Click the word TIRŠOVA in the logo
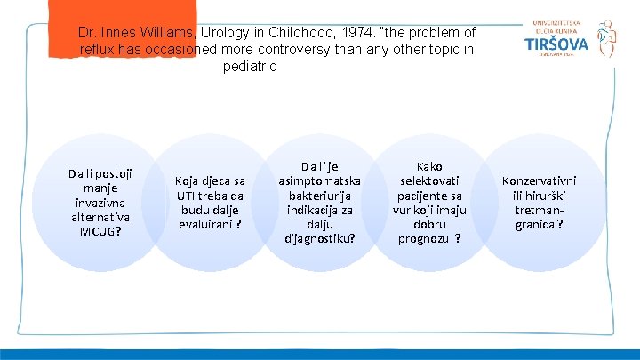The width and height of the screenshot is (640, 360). click(x=556, y=44)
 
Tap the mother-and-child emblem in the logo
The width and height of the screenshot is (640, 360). click(x=606, y=38)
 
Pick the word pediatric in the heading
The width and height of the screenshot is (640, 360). click(x=250, y=67)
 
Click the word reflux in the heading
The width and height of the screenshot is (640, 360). click(x=99, y=49)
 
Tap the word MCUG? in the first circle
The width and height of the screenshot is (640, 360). click(x=100, y=231)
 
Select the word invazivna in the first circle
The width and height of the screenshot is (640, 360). click(x=100, y=202)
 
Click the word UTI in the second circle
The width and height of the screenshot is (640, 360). click(x=188, y=196)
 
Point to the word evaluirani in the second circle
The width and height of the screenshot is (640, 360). click(x=206, y=224)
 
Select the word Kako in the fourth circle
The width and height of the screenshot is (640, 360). click(x=429, y=166)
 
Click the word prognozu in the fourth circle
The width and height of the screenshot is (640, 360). click(x=424, y=237)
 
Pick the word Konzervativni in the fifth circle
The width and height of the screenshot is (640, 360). click(x=539, y=180)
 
